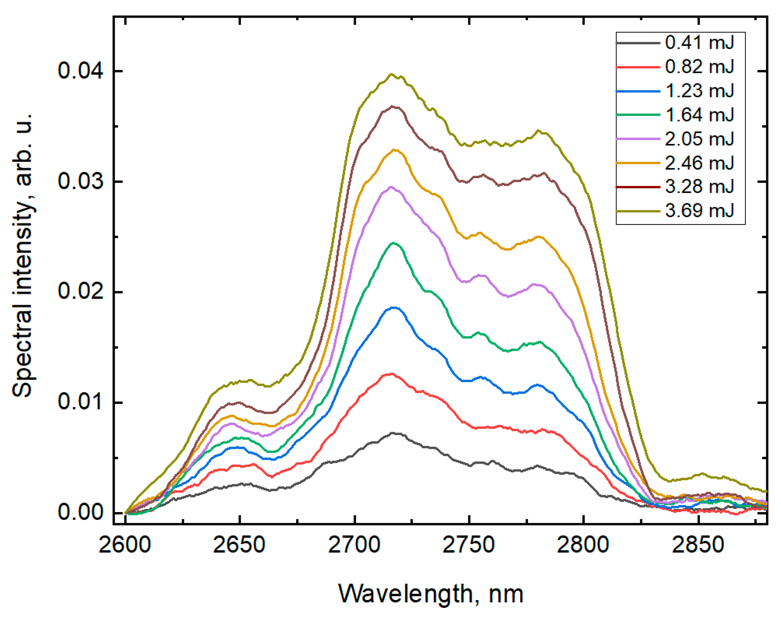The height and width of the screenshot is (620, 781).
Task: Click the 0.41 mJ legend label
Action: [x=699, y=43]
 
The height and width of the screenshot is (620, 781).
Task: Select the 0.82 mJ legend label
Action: [x=699, y=67]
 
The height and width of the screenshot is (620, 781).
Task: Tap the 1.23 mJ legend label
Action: [x=699, y=91]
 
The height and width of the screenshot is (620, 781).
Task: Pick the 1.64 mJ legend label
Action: [x=699, y=115]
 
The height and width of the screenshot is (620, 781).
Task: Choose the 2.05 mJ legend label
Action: [x=699, y=139]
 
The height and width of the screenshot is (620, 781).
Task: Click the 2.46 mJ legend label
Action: [x=699, y=163]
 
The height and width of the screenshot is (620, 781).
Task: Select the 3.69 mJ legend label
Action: [x=699, y=210]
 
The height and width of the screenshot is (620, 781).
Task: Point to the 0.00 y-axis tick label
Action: [x=80, y=512]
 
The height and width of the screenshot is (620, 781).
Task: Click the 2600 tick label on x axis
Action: [x=125, y=545]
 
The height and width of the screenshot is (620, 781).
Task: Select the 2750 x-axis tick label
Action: [x=469, y=545]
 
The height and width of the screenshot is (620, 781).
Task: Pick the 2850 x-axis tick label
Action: [x=698, y=545]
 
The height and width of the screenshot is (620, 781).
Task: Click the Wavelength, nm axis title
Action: [x=430, y=594]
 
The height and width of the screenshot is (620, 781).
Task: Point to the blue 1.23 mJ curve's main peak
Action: [x=393, y=307]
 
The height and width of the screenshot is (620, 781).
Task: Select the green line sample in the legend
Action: [x=638, y=115]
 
